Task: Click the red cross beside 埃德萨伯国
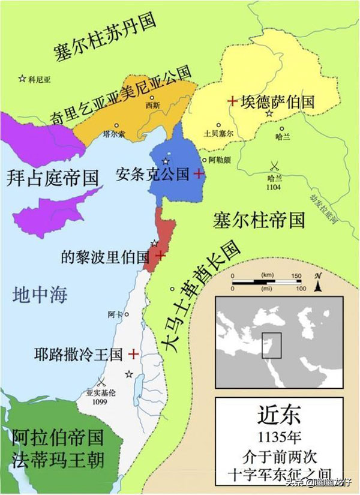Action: point(232,101)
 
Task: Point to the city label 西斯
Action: point(153,106)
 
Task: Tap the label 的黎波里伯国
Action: point(105,256)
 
